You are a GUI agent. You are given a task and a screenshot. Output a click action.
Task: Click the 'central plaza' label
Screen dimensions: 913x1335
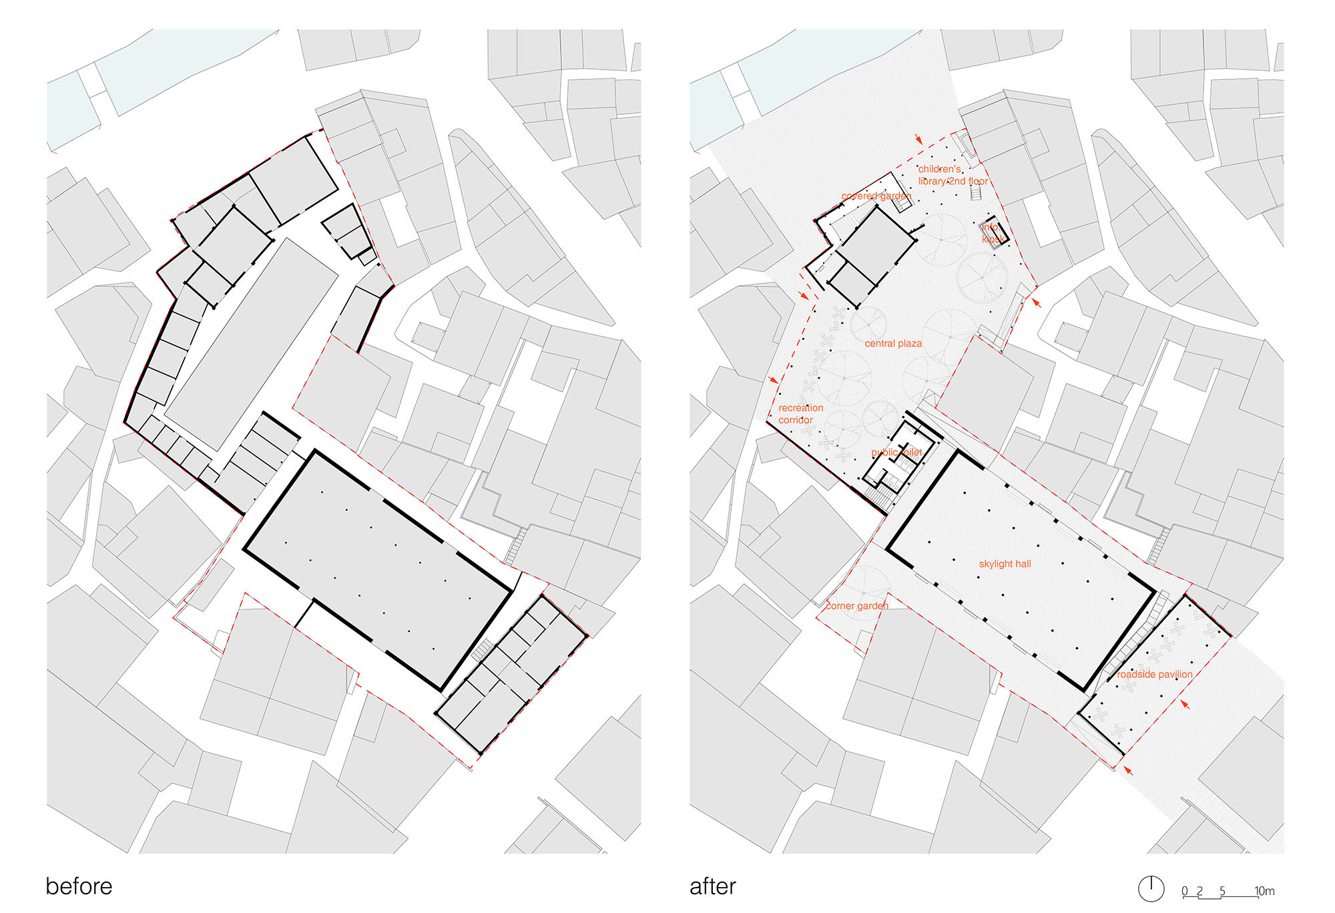click(x=893, y=343)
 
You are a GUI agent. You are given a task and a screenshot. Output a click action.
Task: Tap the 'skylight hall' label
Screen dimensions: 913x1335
click(x=1005, y=564)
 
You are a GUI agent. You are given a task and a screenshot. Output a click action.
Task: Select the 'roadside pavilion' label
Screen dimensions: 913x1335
click(x=1155, y=675)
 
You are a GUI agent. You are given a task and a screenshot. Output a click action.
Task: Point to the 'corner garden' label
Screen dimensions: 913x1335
click(x=857, y=606)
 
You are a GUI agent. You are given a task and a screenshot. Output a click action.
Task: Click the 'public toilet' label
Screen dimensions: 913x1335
click(x=896, y=452)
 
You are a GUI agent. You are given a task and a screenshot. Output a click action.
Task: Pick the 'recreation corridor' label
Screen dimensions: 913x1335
click(x=800, y=413)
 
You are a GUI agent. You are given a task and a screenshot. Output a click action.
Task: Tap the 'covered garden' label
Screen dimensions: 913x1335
click(x=876, y=196)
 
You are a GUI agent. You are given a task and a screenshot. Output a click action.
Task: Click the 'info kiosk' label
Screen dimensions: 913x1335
click(x=992, y=233)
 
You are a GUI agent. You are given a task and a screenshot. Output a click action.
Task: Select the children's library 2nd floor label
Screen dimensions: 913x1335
click(x=953, y=175)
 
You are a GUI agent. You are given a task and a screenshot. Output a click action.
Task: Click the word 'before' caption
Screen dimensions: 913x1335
click(x=79, y=886)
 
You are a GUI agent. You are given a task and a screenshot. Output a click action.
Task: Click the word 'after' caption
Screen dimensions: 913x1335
click(x=712, y=886)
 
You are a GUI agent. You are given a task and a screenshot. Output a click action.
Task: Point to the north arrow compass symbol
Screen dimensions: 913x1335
click(x=1151, y=888)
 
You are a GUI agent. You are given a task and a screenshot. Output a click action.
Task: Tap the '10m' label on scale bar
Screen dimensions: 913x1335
click(x=1264, y=891)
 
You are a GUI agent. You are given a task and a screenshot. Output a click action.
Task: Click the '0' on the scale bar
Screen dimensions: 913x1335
click(x=1185, y=891)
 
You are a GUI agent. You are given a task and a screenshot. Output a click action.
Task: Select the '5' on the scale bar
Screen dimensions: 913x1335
click(x=1222, y=891)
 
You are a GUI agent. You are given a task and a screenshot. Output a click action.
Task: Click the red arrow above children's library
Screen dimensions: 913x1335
click(x=919, y=140)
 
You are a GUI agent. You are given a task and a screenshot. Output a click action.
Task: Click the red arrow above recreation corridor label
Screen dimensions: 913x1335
click(x=773, y=379)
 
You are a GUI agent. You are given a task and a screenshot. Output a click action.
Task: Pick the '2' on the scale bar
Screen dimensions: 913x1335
click(x=1199, y=891)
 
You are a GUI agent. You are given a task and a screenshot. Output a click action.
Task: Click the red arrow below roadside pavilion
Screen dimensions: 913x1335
click(x=1127, y=770)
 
